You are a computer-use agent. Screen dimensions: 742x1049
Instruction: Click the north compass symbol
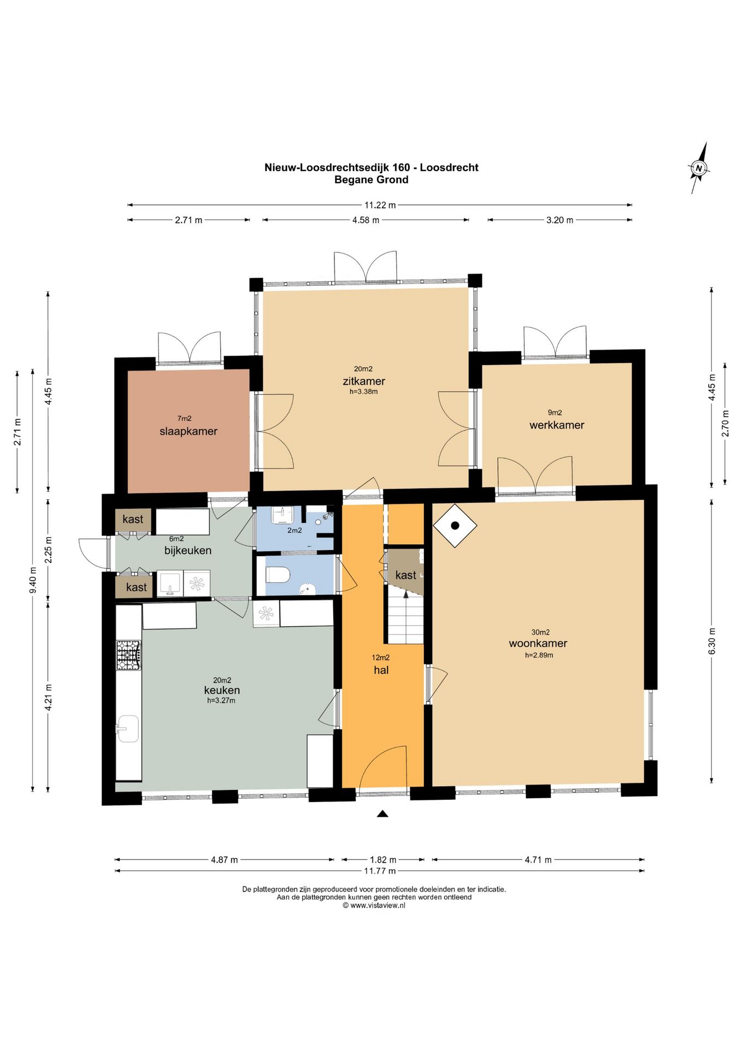click(x=699, y=168)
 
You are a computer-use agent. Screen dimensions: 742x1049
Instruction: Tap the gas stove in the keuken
click(x=128, y=655)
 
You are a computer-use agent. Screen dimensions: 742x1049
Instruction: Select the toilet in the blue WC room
click(x=277, y=575)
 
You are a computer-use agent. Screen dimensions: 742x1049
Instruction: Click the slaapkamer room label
click(x=189, y=431)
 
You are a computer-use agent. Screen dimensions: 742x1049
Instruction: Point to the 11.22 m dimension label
click(x=380, y=205)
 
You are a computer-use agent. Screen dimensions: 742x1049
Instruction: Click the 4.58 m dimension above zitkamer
click(x=366, y=220)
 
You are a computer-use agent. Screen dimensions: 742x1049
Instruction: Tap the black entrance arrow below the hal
click(x=382, y=814)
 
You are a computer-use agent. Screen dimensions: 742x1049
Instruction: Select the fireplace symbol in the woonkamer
click(x=455, y=526)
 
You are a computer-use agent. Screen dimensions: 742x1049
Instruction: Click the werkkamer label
click(x=557, y=425)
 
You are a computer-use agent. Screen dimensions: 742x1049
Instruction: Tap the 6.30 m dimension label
click(x=711, y=641)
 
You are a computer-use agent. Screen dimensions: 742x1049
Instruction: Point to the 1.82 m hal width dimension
click(x=383, y=859)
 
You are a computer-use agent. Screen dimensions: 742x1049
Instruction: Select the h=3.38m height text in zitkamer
click(x=364, y=391)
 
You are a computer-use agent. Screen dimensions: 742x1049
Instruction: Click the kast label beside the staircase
click(x=405, y=575)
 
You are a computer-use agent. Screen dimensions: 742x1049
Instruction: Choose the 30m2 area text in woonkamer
click(x=540, y=632)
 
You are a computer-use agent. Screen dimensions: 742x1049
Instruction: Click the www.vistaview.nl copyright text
click(x=374, y=905)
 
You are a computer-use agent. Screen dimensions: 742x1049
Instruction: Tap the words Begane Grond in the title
click(x=372, y=180)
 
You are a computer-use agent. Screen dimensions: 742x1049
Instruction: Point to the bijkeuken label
click(x=188, y=551)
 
